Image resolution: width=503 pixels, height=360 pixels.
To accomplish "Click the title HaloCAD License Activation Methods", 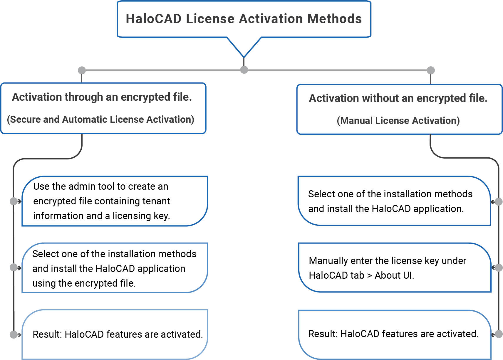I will (x=244, y=19).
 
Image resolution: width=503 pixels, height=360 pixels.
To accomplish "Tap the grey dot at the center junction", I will (x=244, y=70).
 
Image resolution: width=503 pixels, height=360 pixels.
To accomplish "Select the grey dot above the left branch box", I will (x=82, y=70).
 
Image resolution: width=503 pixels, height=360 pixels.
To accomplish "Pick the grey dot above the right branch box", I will (x=430, y=70).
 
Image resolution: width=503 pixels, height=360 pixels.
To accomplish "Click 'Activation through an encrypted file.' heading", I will (x=102, y=97).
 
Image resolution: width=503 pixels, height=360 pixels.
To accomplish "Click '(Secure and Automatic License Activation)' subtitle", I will (x=100, y=120).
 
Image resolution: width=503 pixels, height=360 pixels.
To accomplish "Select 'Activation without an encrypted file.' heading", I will (x=398, y=98).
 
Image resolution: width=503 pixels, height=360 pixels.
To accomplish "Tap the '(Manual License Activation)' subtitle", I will (x=398, y=121).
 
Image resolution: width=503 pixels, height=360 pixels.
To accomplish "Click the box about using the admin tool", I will (x=115, y=201).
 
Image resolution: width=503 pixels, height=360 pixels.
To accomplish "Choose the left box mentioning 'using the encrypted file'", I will (x=115, y=268).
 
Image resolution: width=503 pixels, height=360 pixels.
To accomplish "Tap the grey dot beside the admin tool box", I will (x=14, y=201).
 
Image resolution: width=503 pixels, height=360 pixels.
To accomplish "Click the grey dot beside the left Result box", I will (x=14, y=334).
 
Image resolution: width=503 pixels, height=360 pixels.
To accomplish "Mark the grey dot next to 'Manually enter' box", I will (x=499, y=268).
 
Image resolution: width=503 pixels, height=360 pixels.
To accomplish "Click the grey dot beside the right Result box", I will (x=499, y=334).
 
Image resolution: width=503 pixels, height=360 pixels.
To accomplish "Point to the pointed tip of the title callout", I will (x=244, y=56).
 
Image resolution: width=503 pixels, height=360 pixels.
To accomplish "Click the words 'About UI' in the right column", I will (x=394, y=275).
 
